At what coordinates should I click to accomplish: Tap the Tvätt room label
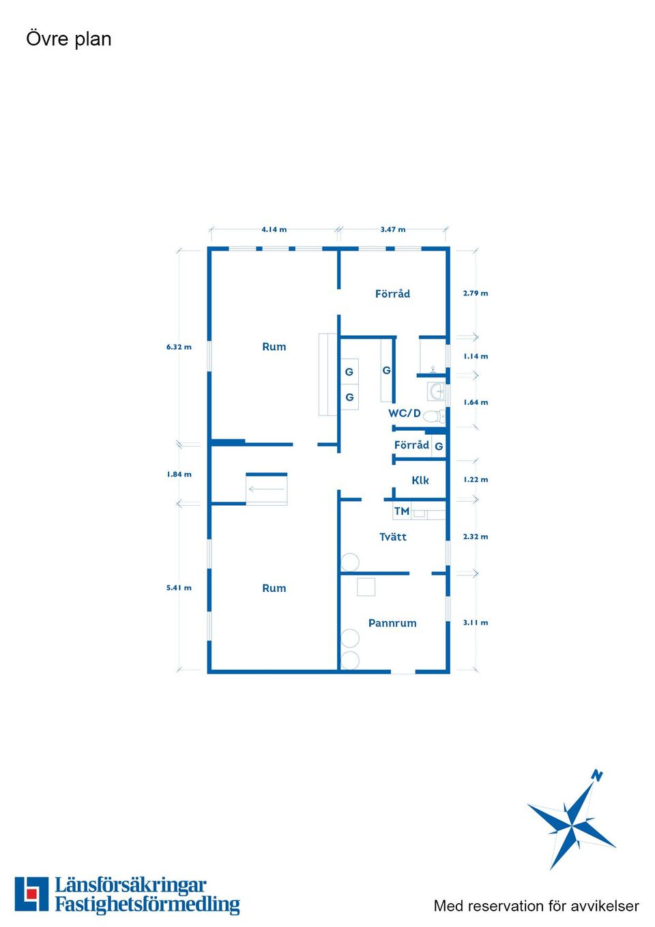click(393, 537)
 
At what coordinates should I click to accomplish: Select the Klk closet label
click(420, 481)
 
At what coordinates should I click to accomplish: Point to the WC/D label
click(405, 413)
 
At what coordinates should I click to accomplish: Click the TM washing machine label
click(401, 511)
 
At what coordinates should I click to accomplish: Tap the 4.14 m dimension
click(274, 229)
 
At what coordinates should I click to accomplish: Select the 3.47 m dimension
click(393, 229)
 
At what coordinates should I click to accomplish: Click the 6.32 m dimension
click(179, 347)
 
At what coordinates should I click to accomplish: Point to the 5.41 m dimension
click(179, 588)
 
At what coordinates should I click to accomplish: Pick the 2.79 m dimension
click(476, 293)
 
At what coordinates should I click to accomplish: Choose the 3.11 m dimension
click(476, 623)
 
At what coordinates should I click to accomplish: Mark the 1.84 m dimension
click(179, 474)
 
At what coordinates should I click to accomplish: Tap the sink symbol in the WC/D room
click(436, 391)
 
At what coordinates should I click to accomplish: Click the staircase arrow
click(266, 489)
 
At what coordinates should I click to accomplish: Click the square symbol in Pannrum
click(366, 587)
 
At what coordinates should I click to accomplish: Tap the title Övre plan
click(69, 39)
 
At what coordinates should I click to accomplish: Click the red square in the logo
click(31, 894)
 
